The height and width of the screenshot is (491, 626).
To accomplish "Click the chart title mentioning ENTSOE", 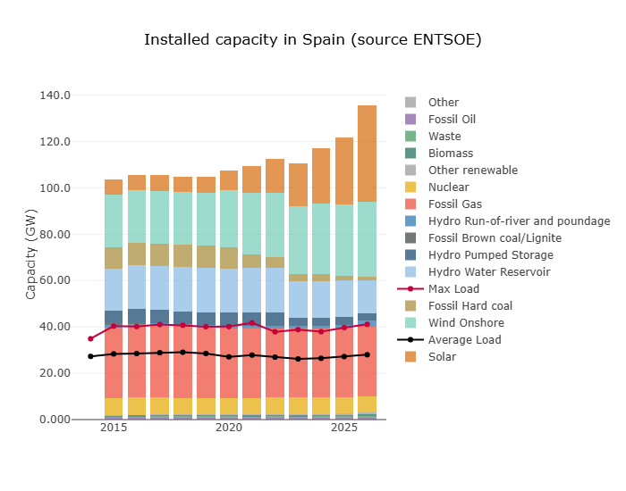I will point(313,40).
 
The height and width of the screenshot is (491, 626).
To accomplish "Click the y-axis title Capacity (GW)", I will point(31,257).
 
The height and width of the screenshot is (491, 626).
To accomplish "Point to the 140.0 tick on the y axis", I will point(55,96).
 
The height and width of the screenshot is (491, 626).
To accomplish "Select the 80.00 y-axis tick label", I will point(55,235).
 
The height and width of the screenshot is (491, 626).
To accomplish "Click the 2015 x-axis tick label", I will point(114,429).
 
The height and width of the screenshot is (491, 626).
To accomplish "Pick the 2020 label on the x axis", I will point(229,429).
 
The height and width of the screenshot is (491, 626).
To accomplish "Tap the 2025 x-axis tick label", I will point(344,429).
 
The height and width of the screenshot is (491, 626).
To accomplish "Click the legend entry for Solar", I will point(442,357).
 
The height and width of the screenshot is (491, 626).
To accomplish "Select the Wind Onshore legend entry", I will point(466,323).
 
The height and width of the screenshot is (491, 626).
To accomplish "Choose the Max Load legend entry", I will point(453,289).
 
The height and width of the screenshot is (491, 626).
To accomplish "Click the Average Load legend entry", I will point(464,340).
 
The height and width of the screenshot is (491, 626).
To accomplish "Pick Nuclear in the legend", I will point(448,187).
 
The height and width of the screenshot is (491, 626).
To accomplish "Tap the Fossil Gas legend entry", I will point(453,204).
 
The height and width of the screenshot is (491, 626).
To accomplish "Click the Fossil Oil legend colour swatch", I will point(410,120).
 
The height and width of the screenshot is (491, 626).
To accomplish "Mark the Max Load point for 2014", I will point(90,338).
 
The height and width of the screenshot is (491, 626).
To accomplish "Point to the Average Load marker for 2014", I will point(90,356).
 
